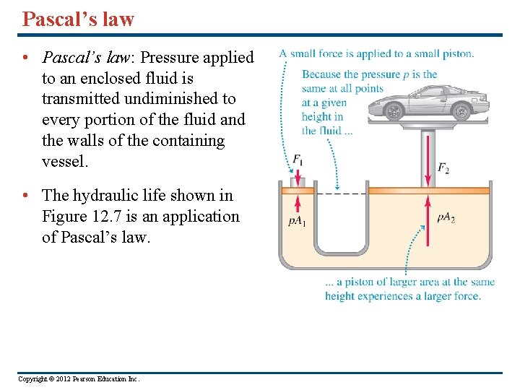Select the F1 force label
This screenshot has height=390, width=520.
tap(298, 160)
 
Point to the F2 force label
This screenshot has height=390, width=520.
tap(443, 168)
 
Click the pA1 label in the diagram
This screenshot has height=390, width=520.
tap(297, 221)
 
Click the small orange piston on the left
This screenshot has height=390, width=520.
tap(298, 190)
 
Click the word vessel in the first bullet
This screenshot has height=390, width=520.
tap(64, 162)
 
